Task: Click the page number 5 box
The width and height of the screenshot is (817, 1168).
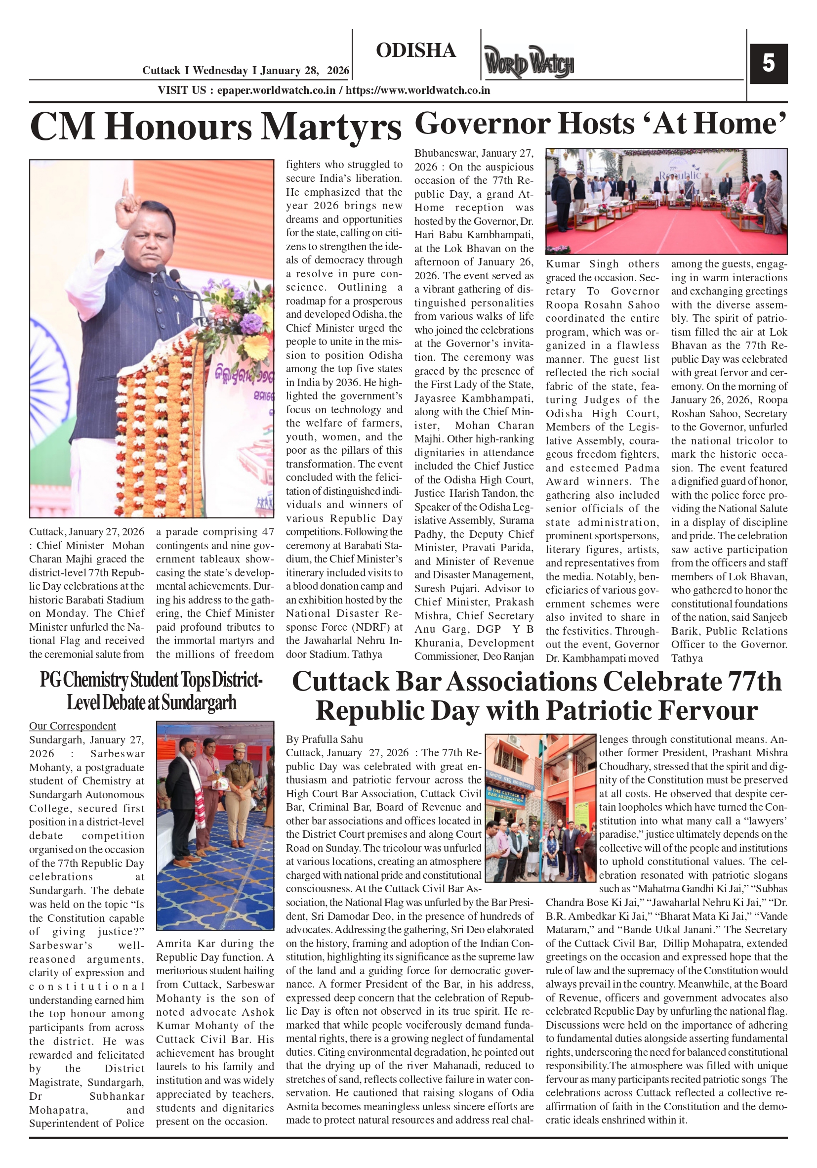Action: tap(768, 64)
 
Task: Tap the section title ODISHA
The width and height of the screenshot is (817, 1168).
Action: tap(415, 50)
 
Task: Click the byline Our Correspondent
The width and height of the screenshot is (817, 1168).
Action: tap(72, 726)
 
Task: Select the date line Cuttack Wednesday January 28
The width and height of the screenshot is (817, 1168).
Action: tap(245, 71)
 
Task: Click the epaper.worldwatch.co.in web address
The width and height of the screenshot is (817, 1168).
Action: tap(276, 90)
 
